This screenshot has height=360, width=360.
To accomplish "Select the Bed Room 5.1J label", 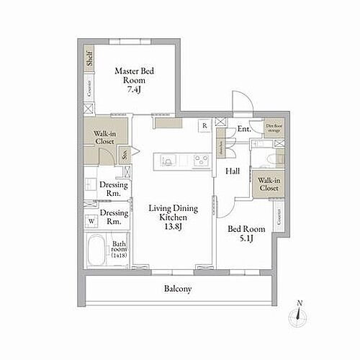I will (x=246, y=234).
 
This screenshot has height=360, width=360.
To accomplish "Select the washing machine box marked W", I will (x=92, y=221).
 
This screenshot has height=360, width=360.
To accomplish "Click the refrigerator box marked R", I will (x=204, y=125).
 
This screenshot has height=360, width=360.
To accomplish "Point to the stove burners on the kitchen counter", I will (x=196, y=159).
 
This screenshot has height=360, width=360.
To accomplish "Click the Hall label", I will (x=233, y=171).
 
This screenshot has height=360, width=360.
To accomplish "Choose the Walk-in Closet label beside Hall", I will (x=269, y=184).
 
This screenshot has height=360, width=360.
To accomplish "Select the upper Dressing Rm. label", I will (x=113, y=189).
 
